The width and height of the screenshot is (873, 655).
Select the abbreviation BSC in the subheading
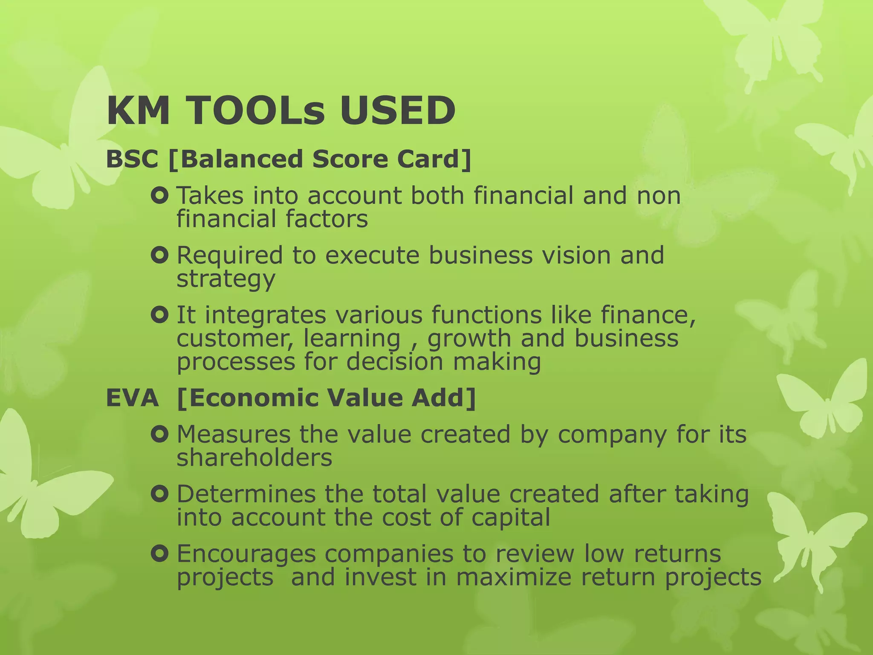pyautogui.click(x=132, y=159)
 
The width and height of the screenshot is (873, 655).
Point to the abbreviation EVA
pyautogui.click(x=132, y=398)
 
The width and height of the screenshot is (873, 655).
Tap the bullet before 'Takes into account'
pyautogui.click(x=160, y=196)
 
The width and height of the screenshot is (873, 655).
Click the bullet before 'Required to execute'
pyautogui.click(x=160, y=256)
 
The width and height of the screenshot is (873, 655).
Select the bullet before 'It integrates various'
pyautogui.click(x=160, y=316)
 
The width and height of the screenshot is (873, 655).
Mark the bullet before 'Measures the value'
pyautogui.click(x=160, y=435)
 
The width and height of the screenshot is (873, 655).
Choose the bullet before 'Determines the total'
pyautogui.click(x=160, y=495)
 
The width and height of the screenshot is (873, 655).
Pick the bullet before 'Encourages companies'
pyautogui.click(x=160, y=554)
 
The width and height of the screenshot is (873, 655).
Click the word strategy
pyautogui.click(x=226, y=280)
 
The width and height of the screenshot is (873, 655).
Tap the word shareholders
pyautogui.click(x=254, y=458)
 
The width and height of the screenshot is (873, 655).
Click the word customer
pyautogui.click(x=234, y=339)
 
